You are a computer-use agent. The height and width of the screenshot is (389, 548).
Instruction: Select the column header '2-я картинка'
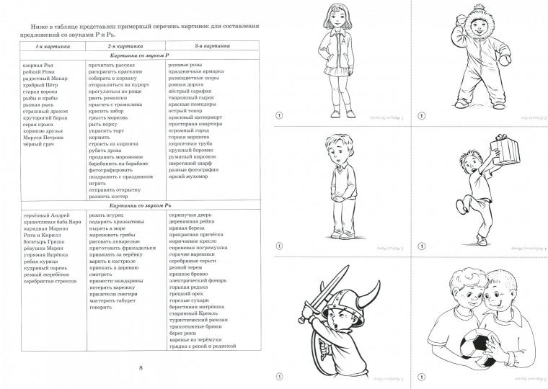111,45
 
